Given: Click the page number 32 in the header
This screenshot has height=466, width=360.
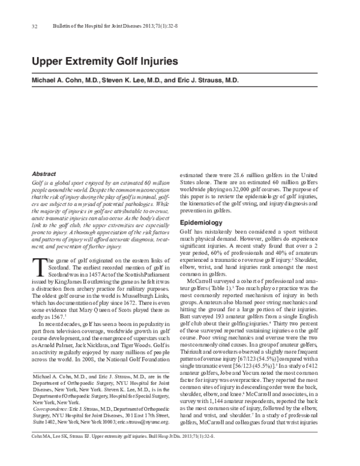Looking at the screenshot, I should click(34, 27).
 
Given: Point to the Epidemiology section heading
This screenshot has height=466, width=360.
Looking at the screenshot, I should click(202, 223).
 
